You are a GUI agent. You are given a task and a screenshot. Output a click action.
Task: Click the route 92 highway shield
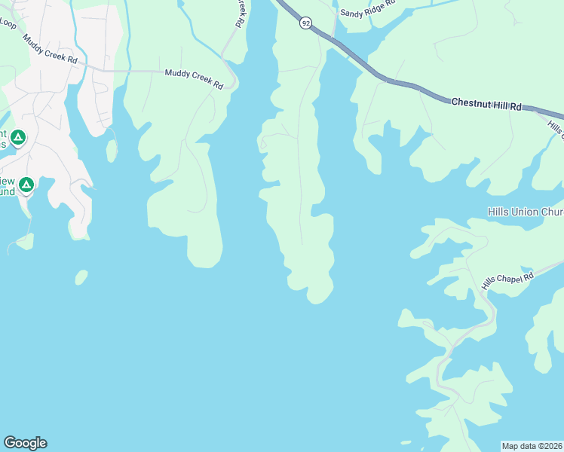point(305,23)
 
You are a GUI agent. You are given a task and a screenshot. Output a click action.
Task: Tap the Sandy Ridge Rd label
point(367,8)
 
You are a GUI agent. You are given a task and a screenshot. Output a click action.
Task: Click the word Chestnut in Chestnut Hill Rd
point(468,102)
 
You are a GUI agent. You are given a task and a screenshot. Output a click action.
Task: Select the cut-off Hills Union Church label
point(525,212)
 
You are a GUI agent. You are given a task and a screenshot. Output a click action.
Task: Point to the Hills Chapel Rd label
point(507,280)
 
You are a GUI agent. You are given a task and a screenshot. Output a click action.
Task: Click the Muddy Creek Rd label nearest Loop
point(51,49)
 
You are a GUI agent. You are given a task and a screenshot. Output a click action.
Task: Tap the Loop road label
point(8,23)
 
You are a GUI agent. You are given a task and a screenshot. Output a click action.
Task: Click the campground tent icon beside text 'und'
point(26,185)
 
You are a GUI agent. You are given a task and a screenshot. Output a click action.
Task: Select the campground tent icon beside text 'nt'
point(18,138)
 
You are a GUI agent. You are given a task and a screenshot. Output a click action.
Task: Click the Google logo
point(25,443)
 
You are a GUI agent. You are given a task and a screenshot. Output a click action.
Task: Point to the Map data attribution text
point(532,446)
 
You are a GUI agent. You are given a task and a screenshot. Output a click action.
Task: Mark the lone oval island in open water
point(81,277)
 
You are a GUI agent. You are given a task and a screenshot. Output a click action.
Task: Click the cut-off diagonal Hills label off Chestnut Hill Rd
point(555,129)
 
